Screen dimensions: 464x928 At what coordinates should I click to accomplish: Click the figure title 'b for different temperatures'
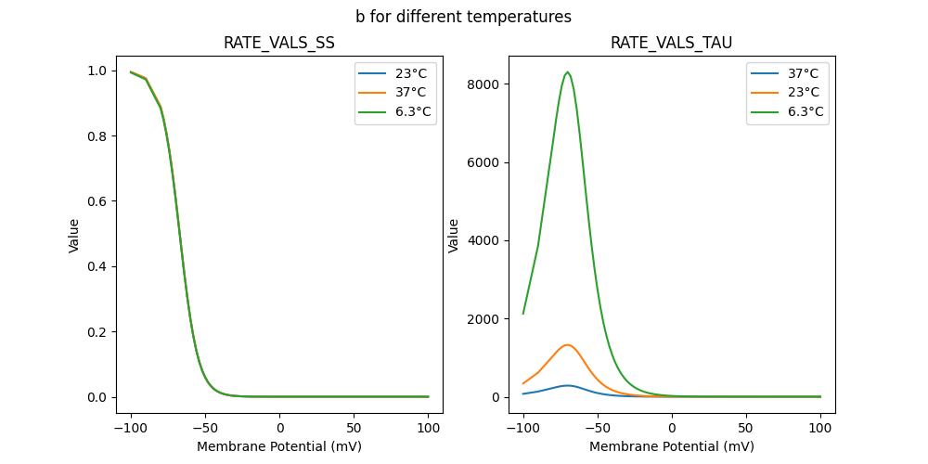tap(463, 17)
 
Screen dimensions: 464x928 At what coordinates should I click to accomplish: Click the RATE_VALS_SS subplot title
tap(279, 43)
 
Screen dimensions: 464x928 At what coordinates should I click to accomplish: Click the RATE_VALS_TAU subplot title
tap(671, 43)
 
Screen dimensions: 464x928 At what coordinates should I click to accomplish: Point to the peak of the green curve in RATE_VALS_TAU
tap(567, 72)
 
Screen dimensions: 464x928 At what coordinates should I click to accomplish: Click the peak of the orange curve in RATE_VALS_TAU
tap(567, 345)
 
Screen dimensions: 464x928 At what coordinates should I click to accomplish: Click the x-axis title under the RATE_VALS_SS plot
tap(279, 446)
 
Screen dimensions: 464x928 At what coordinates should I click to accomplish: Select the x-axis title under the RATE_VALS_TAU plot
tap(671, 446)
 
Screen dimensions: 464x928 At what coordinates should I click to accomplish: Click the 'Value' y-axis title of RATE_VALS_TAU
tap(454, 235)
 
